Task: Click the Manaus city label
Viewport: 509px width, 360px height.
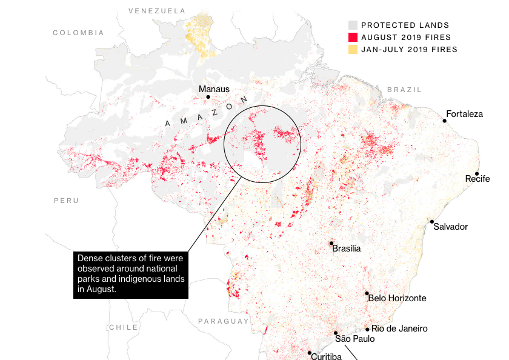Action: (x=214, y=89)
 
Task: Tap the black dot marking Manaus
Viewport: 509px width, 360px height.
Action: (x=208, y=97)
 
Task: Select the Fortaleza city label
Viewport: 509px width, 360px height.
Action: (x=464, y=114)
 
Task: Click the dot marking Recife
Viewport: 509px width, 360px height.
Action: (x=477, y=173)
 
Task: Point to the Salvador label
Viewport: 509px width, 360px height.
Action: (x=450, y=227)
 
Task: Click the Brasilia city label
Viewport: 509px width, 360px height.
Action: (x=347, y=248)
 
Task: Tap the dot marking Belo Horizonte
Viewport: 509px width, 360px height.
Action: (x=367, y=294)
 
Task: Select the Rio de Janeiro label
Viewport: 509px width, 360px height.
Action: (x=399, y=328)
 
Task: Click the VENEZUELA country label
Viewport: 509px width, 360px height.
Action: (x=157, y=11)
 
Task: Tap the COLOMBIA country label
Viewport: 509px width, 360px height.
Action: (x=78, y=33)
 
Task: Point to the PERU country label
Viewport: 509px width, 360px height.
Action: (x=66, y=200)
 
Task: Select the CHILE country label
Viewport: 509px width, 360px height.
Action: (x=123, y=327)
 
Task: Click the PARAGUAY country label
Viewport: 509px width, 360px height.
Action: (x=223, y=321)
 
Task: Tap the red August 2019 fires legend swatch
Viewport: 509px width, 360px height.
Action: (x=353, y=37)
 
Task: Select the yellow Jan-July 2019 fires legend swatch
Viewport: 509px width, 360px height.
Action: (x=353, y=49)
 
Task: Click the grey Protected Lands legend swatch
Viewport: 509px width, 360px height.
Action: (x=353, y=25)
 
